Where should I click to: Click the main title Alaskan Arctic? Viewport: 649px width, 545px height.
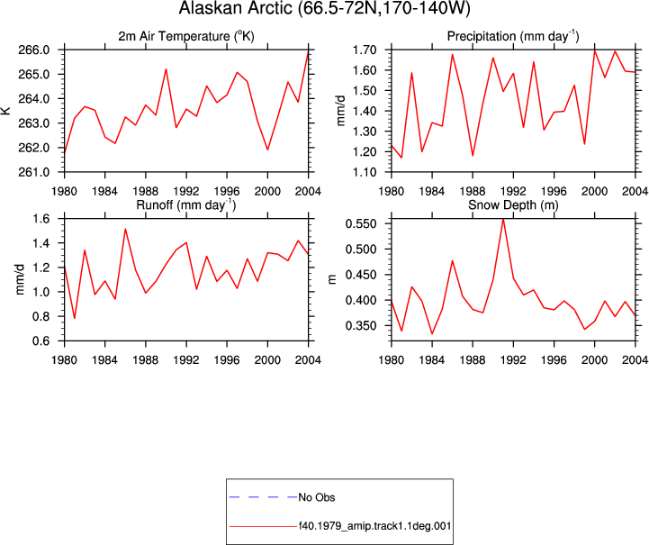click(324, 8)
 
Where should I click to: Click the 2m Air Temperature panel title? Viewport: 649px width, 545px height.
click(186, 36)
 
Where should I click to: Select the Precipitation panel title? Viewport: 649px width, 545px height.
click(513, 36)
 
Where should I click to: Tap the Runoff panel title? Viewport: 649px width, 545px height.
click(186, 205)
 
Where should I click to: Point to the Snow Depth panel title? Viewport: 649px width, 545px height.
click(513, 205)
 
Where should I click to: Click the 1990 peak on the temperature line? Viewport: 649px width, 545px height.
click(166, 69)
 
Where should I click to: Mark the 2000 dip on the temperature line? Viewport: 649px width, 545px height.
click(268, 150)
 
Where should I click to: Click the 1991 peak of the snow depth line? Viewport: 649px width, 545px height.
click(503, 219)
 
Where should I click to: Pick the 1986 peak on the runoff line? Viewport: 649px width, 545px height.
click(125, 229)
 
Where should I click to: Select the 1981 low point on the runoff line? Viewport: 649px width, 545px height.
click(75, 318)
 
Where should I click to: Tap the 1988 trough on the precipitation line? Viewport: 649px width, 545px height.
click(473, 156)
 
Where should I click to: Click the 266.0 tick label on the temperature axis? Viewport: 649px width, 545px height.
click(34, 50)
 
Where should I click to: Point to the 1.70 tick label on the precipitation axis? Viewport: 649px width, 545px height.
click(365, 50)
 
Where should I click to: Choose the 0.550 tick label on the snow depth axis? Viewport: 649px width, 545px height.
click(361, 224)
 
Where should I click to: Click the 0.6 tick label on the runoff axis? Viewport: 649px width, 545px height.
click(41, 341)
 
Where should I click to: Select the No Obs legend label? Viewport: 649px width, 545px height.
click(317, 497)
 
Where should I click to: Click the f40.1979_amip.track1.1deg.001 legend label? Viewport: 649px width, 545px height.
click(374, 526)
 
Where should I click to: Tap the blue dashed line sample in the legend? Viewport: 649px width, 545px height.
click(263, 497)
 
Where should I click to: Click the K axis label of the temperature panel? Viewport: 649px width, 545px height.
click(5, 111)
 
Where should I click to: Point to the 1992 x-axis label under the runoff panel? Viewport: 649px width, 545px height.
click(186, 360)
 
